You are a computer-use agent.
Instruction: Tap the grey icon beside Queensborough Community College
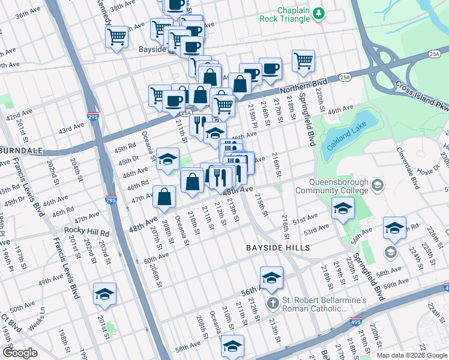click(x=377, y=183)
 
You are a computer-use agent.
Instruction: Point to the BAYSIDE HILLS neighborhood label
click(x=278, y=247)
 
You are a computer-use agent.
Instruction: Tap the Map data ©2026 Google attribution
click(x=412, y=355)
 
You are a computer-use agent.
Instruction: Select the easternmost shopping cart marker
click(x=304, y=60)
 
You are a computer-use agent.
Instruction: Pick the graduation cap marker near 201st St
click(x=104, y=294)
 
